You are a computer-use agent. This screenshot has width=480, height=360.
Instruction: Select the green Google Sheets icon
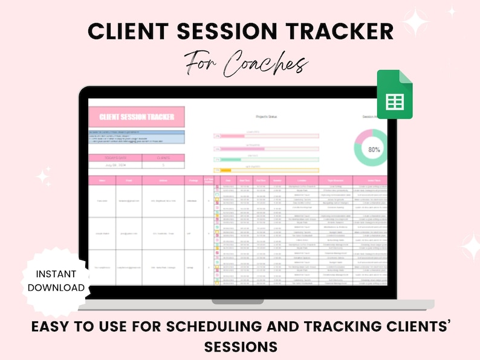coord(395,95)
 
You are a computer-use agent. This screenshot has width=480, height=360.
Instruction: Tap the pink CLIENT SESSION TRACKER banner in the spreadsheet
coord(137,117)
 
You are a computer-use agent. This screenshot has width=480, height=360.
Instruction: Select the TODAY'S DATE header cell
coord(115,158)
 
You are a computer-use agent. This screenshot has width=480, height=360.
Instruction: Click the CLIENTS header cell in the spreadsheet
coord(163,158)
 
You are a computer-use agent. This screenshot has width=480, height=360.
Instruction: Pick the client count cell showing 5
coord(163,165)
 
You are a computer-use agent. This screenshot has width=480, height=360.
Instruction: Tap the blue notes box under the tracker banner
coord(137,138)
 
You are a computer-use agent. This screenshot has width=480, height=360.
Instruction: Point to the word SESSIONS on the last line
coord(241,347)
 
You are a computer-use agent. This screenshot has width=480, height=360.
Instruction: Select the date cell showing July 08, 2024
coord(115,165)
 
